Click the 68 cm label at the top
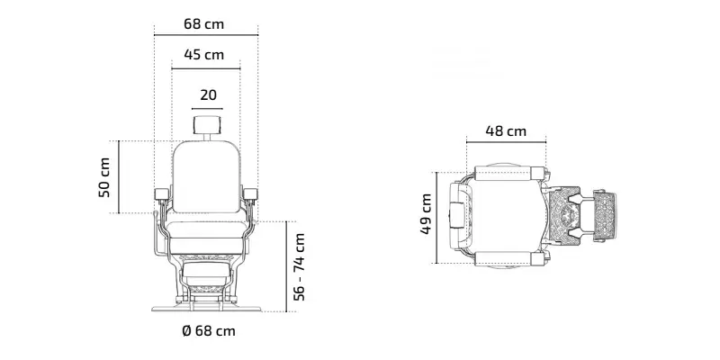[x=204, y=24]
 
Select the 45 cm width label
[x=204, y=55]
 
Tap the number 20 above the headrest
[x=208, y=95]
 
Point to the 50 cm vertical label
[x=104, y=177]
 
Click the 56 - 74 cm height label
[x=299, y=266]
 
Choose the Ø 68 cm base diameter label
[x=209, y=330]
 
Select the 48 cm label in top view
[x=506, y=131]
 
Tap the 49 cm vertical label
[x=426, y=214]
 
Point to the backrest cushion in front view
[x=207, y=176]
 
